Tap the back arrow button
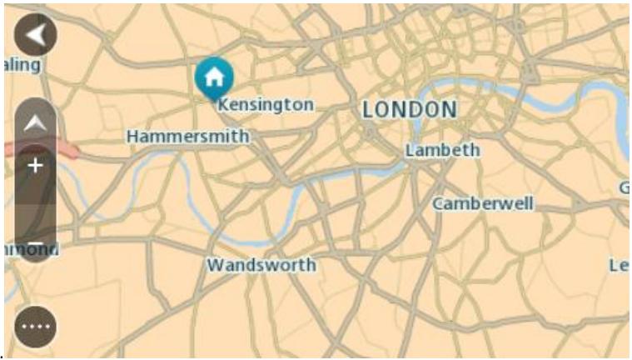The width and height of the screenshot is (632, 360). coord(35,35)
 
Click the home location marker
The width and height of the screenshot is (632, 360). coord(214,79)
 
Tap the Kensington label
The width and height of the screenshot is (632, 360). coord(264,105)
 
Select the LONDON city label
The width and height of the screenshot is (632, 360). coord(409,109)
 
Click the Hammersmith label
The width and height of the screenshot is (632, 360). coord(187,135)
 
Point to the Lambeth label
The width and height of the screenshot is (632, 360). coord(442,150)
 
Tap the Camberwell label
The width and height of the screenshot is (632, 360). coord(482,203)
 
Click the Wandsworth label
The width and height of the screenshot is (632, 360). coord(261,265)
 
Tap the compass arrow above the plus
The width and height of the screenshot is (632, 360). coord(35,124)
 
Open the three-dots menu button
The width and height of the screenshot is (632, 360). coord(35,326)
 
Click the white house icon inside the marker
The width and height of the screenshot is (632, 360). coord(214,77)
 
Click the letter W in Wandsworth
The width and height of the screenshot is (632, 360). coord(214,265)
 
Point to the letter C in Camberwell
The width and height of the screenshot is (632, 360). coord(437,203)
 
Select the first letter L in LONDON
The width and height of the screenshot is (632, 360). coord(367,109)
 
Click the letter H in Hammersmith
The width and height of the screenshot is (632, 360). coord(132,135)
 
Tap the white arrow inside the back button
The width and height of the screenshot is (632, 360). coord(34,35)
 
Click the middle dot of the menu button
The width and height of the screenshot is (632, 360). coord(35,326)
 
